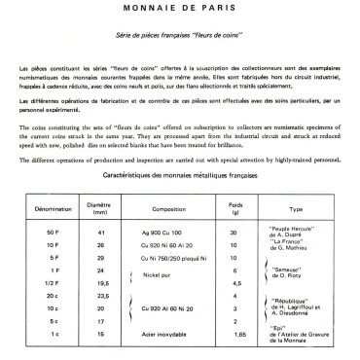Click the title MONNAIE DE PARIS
[x=179, y=8]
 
